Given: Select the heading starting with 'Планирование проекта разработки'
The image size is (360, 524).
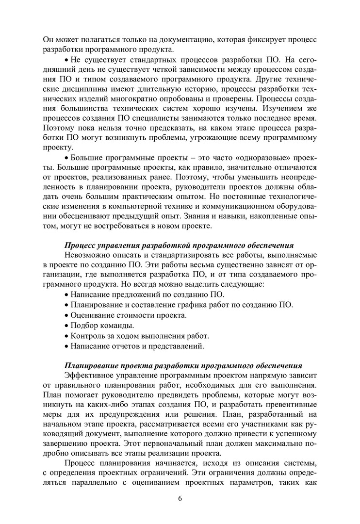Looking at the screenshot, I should pos(184,365).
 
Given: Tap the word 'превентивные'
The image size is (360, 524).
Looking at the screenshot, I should pos(293,405).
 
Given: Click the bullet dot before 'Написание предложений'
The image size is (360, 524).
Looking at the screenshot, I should pos(66,295).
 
